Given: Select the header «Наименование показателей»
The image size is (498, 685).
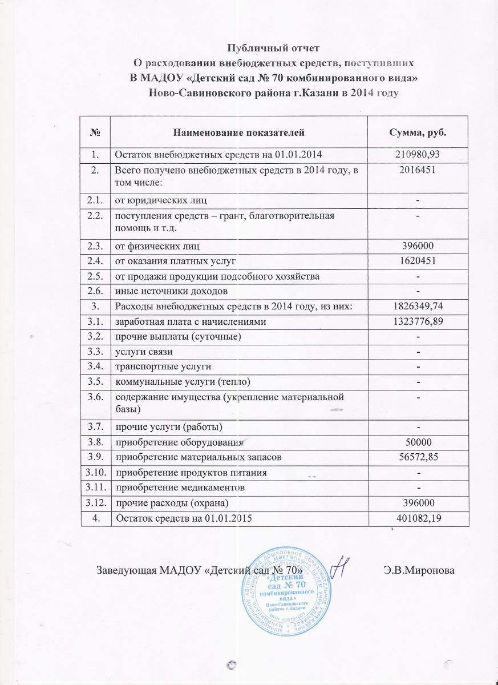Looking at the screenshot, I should click(x=239, y=132).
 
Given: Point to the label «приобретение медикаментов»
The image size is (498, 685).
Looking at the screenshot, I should click(x=181, y=487).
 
